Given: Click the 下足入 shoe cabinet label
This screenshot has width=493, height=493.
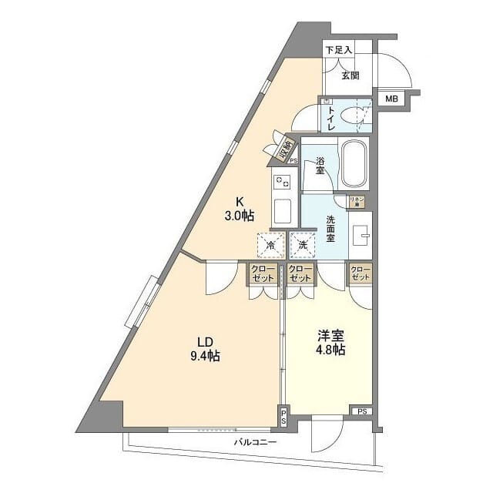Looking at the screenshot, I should point(338,50).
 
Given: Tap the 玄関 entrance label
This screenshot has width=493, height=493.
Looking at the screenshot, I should point(350,75).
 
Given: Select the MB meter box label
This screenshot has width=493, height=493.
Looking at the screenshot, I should point(391,99).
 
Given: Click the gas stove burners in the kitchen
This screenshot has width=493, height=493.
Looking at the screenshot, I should point(281,183).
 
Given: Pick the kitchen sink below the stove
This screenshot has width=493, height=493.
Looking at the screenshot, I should point(281,210).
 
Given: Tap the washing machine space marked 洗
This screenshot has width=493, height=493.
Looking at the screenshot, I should point(303,245).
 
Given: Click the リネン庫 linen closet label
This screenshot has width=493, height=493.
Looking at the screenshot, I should point(356,200).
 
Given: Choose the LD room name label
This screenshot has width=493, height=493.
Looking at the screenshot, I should point(204,342).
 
